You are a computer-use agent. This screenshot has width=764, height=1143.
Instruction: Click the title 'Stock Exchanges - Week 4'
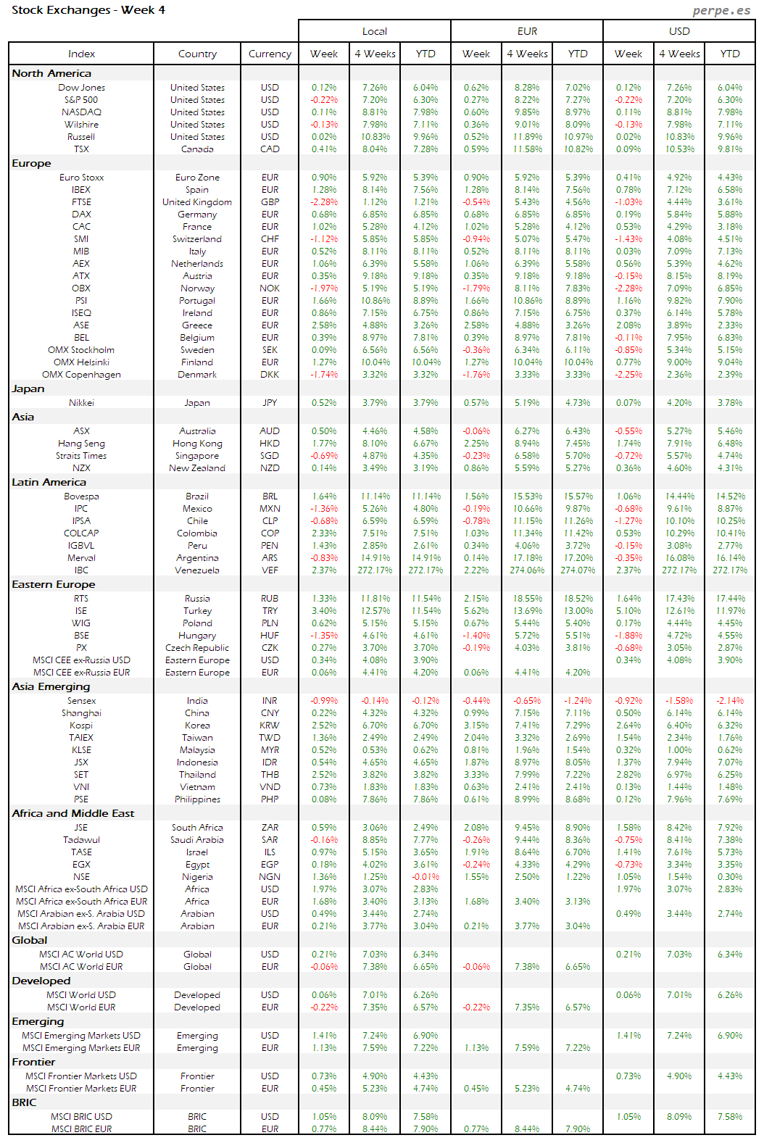[88, 10]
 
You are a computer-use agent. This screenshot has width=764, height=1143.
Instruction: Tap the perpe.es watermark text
[721, 10]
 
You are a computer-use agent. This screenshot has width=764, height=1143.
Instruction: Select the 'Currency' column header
[270, 54]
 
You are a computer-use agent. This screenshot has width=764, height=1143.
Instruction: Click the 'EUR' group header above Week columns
[527, 31]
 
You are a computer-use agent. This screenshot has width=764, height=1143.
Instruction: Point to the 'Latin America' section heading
[49, 482]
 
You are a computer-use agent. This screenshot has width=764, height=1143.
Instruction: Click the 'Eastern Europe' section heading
[54, 584]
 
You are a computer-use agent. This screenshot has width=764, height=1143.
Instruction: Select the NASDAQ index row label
[81, 112]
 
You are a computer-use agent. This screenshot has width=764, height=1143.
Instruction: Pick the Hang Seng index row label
[81, 444]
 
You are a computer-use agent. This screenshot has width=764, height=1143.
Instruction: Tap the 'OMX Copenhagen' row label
[81, 375]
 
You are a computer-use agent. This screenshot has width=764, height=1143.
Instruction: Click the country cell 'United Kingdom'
[197, 202]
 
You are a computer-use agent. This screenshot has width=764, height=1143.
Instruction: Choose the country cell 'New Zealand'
[197, 468]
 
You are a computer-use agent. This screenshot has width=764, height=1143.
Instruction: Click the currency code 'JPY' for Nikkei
[270, 403]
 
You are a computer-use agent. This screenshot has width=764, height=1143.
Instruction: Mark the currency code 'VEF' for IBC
[270, 570]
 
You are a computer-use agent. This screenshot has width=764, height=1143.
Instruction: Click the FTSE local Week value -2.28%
[324, 202]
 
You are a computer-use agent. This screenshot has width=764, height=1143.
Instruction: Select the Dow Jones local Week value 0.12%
[324, 88]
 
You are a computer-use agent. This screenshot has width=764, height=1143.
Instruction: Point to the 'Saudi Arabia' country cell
[197, 840]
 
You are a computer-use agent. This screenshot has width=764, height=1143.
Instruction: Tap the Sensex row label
[81, 701]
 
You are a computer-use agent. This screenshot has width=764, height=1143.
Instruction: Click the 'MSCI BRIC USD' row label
[81, 1117]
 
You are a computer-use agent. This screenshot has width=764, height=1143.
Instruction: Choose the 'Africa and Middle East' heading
[73, 813]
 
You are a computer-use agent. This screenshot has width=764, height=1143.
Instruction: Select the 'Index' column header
[81, 54]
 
